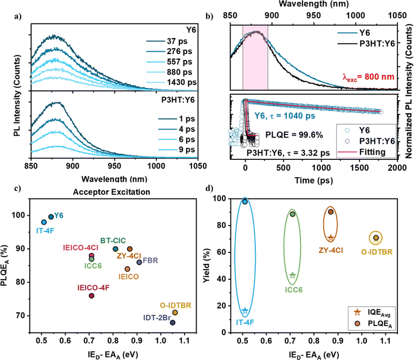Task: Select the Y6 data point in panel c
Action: (x=51, y=217)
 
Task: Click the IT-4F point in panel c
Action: (x=44, y=222)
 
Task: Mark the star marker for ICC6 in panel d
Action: (x=292, y=275)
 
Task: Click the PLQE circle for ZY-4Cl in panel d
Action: (x=331, y=212)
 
